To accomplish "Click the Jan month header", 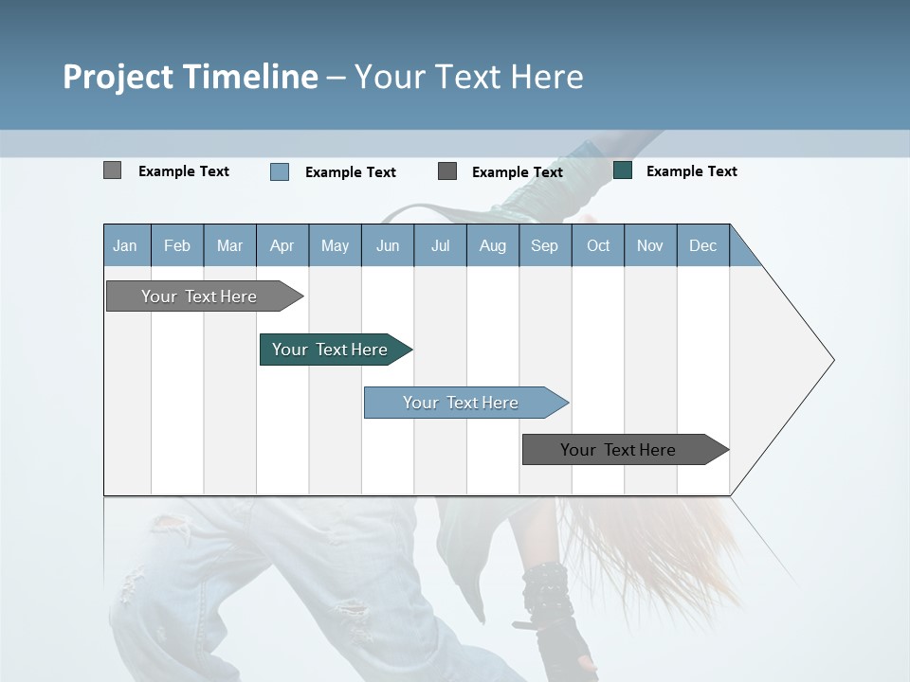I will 125,246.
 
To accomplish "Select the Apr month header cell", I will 282,246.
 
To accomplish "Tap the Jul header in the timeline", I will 440,246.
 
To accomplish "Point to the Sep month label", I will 544,246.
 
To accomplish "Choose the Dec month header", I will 702,246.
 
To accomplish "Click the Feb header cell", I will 177,246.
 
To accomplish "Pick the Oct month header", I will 598,246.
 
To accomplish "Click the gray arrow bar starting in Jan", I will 199,296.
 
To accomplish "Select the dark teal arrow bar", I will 330,350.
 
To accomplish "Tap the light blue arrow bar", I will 461,403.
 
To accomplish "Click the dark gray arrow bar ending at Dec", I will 618,450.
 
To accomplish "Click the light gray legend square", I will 113,170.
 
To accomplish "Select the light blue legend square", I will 280,171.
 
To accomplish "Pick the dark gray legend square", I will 447,171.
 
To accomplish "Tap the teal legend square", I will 623,170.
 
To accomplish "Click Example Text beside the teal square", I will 691,171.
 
